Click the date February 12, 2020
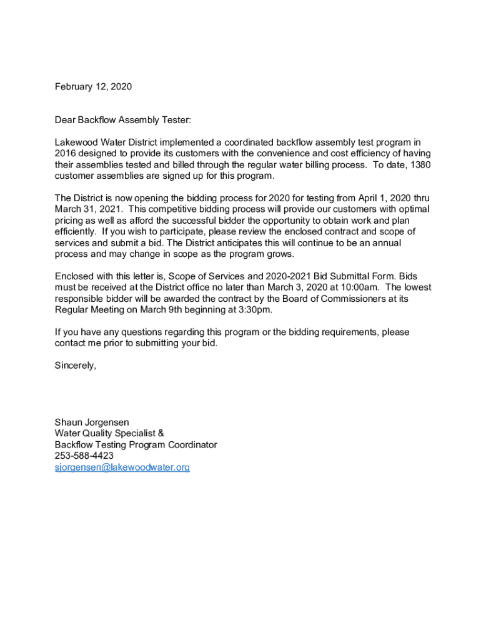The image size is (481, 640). pyautogui.click(x=93, y=87)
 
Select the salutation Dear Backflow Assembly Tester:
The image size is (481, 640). pyautogui.click(x=122, y=119)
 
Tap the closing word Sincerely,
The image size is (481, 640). pyautogui.click(x=76, y=366)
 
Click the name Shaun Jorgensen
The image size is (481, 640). pyautogui.click(x=92, y=422)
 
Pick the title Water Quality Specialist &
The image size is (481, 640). pyautogui.click(x=109, y=434)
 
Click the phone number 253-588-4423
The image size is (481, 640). pyautogui.click(x=84, y=456)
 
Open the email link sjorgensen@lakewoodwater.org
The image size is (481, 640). pyautogui.click(x=122, y=467)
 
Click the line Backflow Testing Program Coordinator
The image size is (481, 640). pyautogui.click(x=136, y=445)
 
